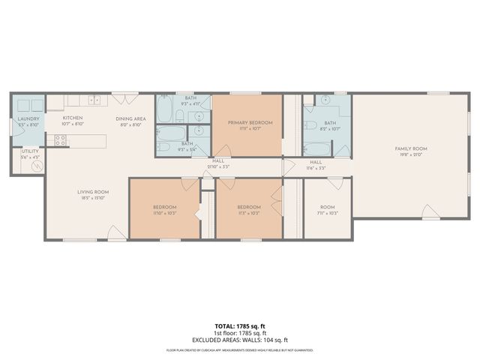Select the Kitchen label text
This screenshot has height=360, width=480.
(72, 118)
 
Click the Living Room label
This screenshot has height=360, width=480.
(94, 192)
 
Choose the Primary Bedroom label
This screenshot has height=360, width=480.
(250, 122)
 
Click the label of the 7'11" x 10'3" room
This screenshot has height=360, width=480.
(328, 208)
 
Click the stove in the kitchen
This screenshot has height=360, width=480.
(58, 139)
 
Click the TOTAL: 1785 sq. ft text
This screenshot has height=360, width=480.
(239, 327)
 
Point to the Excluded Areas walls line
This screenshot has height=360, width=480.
(239, 341)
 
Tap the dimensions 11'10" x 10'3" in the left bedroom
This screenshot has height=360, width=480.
(165, 214)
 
